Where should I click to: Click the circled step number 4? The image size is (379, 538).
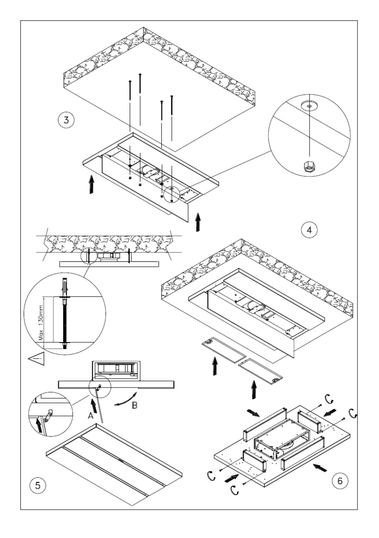coord(309,229)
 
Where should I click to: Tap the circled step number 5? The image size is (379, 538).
coord(37,486)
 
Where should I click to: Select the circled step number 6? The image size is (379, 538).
coord(340,480)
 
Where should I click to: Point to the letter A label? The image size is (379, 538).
coord(90,416)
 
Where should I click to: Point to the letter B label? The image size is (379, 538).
coord(135,406)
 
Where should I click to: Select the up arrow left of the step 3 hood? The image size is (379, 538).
coord(91,184)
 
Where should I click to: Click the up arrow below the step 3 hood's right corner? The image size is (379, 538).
coord(197,222)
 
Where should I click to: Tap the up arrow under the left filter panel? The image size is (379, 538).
coord(215,366)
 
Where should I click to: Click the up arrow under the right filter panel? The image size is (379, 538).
coord(254,390)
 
